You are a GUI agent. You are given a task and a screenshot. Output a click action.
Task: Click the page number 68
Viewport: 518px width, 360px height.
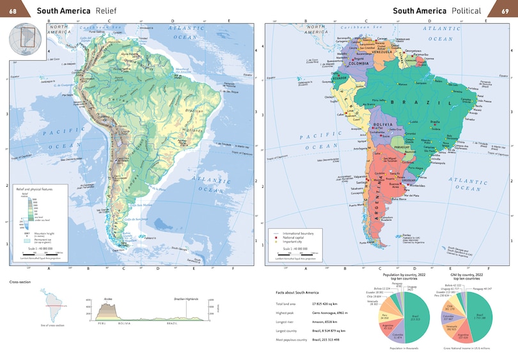click(13, 10)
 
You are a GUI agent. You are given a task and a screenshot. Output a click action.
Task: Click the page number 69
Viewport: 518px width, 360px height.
click(503, 10)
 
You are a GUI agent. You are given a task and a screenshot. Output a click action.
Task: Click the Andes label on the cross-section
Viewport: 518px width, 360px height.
click(107, 299)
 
